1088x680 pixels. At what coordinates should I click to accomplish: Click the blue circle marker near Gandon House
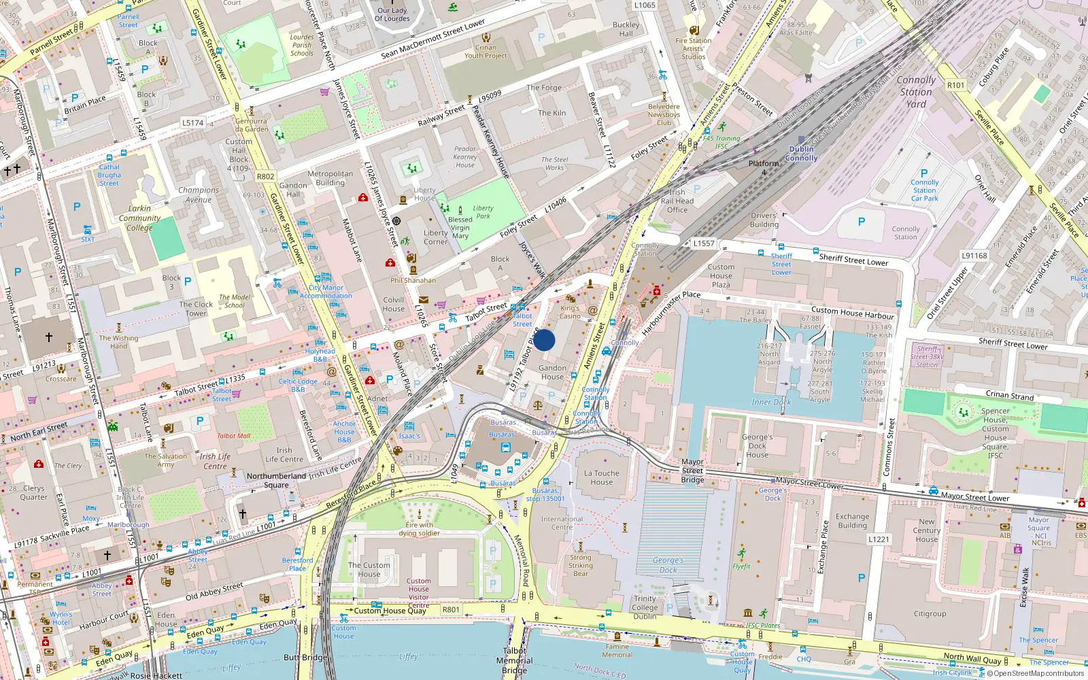tap(544, 340)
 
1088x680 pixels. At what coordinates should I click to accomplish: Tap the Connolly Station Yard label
tap(916, 92)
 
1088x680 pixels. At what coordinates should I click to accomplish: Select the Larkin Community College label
tap(139, 218)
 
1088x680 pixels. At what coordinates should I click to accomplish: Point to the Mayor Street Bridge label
tap(692, 471)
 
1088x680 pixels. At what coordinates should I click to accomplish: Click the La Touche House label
tap(602, 477)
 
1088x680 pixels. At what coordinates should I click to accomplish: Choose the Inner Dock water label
tap(771, 402)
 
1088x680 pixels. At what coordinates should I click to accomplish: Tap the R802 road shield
tap(266, 176)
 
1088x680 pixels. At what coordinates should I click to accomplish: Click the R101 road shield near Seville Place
tap(955, 85)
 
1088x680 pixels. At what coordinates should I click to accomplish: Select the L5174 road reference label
tap(192, 123)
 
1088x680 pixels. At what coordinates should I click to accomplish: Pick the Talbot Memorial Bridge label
tap(515, 660)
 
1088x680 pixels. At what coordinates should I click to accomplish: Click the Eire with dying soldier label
tap(419, 529)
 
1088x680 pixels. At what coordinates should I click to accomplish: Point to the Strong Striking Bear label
tap(581, 565)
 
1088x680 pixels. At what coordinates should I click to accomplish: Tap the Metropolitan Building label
tap(330, 178)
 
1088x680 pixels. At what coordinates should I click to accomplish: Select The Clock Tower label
tap(196, 309)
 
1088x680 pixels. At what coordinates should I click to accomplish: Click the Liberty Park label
tap(483, 212)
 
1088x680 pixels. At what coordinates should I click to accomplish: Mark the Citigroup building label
tap(930, 613)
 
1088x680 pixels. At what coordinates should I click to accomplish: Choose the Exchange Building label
tap(852, 521)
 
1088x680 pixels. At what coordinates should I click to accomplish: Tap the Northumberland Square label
tap(276, 480)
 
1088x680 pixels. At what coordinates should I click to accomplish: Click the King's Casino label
tap(570, 312)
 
